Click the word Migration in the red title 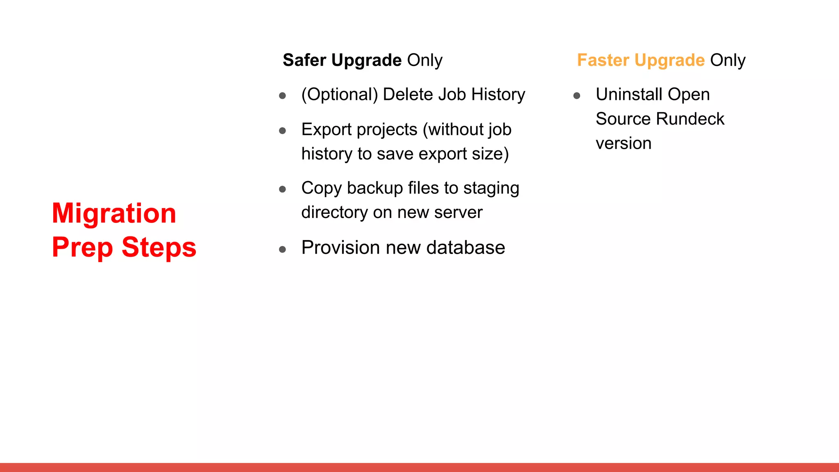pyautogui.click(x=114, y=214)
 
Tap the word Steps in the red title pyautogui.click(x=159, y=247)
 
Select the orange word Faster pyautogui.click(x=603, y=60)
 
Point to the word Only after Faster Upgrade pyautogui.click(x=728, y=60)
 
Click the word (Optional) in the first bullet pyautogui.click(x=340, y=95)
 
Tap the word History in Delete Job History pyautogui.click(x=498, y=95)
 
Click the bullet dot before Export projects pyautogui.click(x=282, y=131)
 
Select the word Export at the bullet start pyautogui.click(x=327, y=130)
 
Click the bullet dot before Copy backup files pyautogui.click(x=282, y=189)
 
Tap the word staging pyautogui.click(x=491, y=188)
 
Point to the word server pyautogui.click(x=458, y=213)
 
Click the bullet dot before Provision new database pyautogui.click(x=282, y=249)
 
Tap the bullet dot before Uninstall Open pyautogui.click(x=577, y=96)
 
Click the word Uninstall pyautogui.click(x=629, y=95)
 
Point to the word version pyautogui.click(x=624, y=144)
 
